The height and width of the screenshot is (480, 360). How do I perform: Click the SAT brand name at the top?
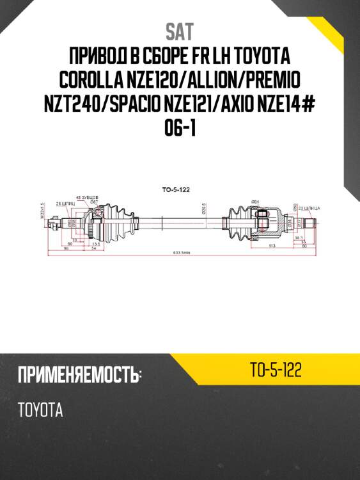[180, 31]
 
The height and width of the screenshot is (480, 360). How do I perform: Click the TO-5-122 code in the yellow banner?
[276, 370]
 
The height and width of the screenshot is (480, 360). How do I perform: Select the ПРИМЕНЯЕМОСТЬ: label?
[79, 375]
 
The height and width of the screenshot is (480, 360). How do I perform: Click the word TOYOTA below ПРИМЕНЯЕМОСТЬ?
[40, 410]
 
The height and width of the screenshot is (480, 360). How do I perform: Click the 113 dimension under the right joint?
[271, 245]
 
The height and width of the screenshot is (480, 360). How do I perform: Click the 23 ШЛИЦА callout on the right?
[317, 209]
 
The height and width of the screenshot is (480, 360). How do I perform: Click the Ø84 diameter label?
[254, 202]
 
